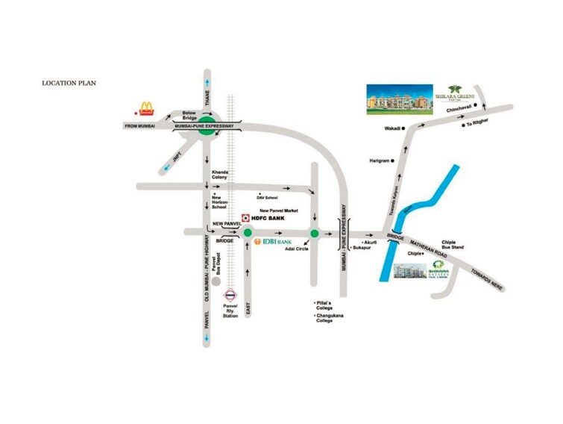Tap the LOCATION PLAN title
(x=69, y=83)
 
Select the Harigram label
(x=379, y=160)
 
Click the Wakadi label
(x=392, y=128)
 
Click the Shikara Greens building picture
(x=399, y=100)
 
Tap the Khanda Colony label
(x=219, y=175)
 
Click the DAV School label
(x=267, y=198)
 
